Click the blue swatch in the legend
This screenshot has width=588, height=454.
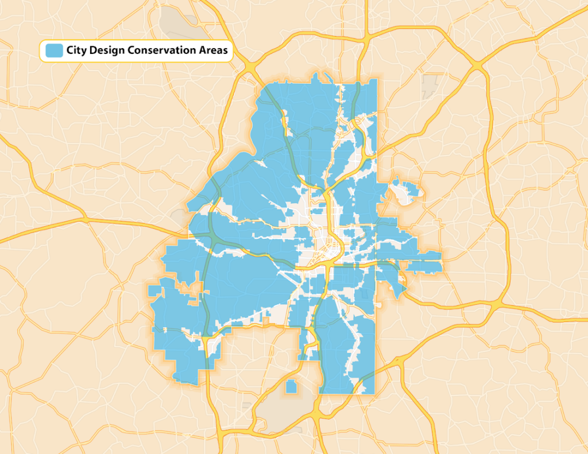point(55,51)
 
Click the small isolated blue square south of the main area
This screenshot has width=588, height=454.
point(291,386)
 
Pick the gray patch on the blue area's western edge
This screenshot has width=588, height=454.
point(179,218)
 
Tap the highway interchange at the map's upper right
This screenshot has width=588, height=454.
point(478,68)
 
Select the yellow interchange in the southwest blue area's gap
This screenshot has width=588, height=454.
point(206,342)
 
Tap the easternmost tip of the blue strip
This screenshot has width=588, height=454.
point(440,257)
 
